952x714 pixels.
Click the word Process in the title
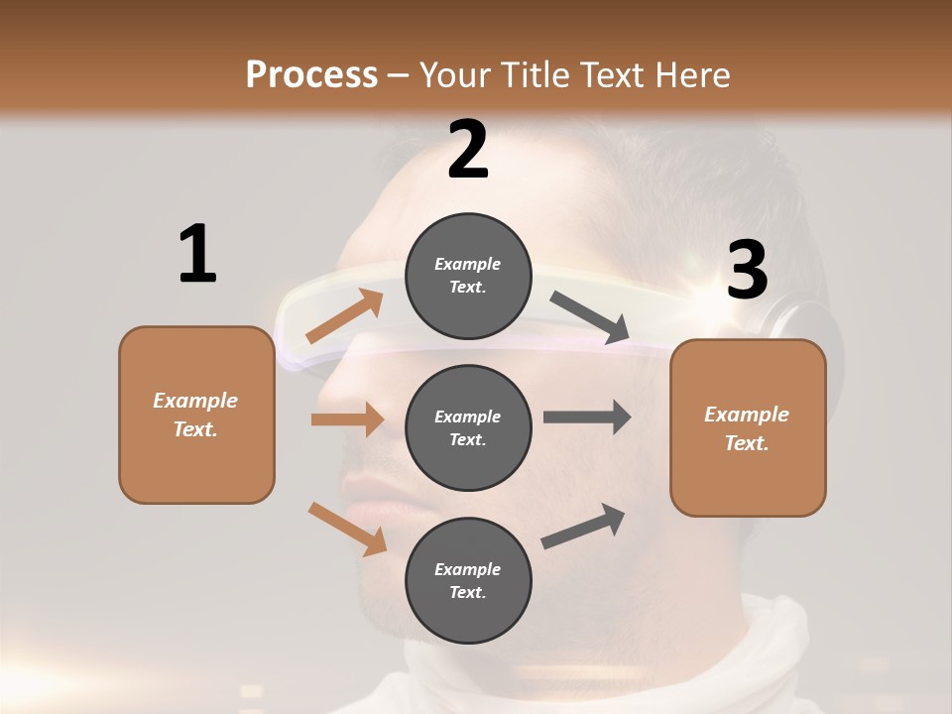pos(311,74)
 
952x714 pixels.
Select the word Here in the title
pos(685,74)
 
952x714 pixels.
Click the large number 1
pos(196,255)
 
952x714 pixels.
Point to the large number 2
pos(468,151)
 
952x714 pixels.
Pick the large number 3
pos(747,271)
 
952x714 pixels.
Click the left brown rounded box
pos(196,415)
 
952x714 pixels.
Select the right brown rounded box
pos(748,427)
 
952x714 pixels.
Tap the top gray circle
pos(468,276)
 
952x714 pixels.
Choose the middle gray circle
pos(468,427)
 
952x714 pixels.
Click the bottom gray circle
pos(468,580)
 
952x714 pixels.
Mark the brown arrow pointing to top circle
pos(345,316)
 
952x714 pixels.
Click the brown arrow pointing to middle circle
pos(347,419)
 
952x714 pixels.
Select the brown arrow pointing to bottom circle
pos(347,529)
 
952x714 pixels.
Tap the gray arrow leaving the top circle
pos(591,317)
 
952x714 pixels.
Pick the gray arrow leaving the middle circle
pos(587,417)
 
